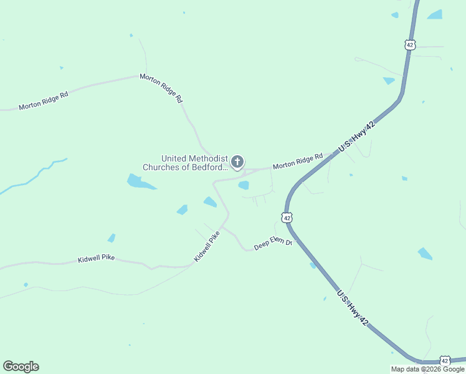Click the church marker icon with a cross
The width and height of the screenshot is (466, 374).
pos(237,162)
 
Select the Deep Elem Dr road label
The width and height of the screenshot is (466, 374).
pos(273,243)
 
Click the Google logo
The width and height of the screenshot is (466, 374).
pos(21,367)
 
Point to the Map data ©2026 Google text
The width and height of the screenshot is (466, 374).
pos(427,369)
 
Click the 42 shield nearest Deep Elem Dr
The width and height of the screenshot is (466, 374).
pos(286,218)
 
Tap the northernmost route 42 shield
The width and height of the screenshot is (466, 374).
pos(409,44)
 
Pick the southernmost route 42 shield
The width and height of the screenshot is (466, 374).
pos(444,361)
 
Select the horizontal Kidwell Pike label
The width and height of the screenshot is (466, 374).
pos(97,259)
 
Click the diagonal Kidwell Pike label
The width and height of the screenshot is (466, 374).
pos(207,246)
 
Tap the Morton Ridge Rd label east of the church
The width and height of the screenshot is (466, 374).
pos(298,161)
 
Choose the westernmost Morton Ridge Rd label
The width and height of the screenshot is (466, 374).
pos(43,100)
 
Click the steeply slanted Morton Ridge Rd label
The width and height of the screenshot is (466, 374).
pos(161,88)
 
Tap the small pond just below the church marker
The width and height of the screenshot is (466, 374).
pos(244,185)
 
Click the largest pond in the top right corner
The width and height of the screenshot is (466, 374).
pos(435,14)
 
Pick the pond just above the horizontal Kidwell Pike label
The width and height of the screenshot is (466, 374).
pos(112,238)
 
